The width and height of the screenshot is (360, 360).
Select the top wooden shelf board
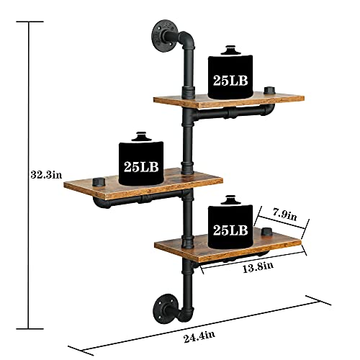coord(216,100)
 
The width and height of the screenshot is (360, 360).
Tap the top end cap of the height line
coord(30,22)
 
